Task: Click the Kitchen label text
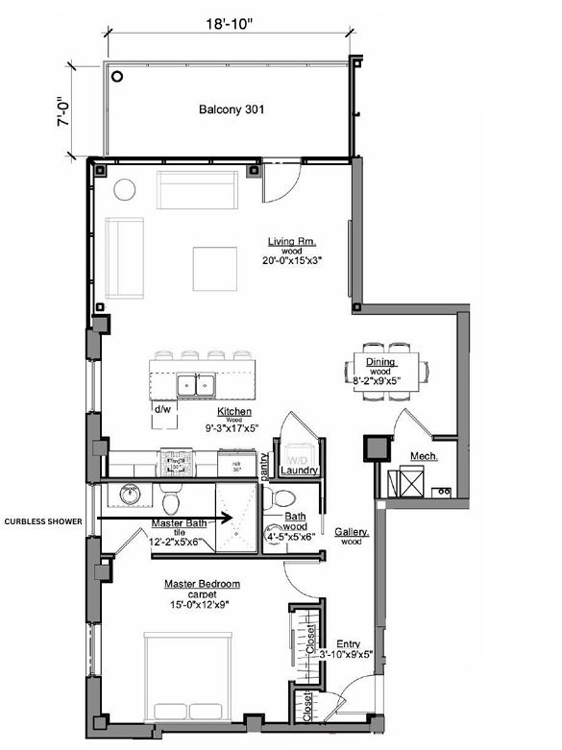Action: tap(234, 411)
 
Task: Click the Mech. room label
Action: tap(424, 455)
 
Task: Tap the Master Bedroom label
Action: tap(202, 584)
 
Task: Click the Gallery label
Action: tap(353, 531)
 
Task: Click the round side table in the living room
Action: tap(127, 189)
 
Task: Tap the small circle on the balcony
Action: tap(116, 76)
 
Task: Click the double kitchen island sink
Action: tap(196, 385)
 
